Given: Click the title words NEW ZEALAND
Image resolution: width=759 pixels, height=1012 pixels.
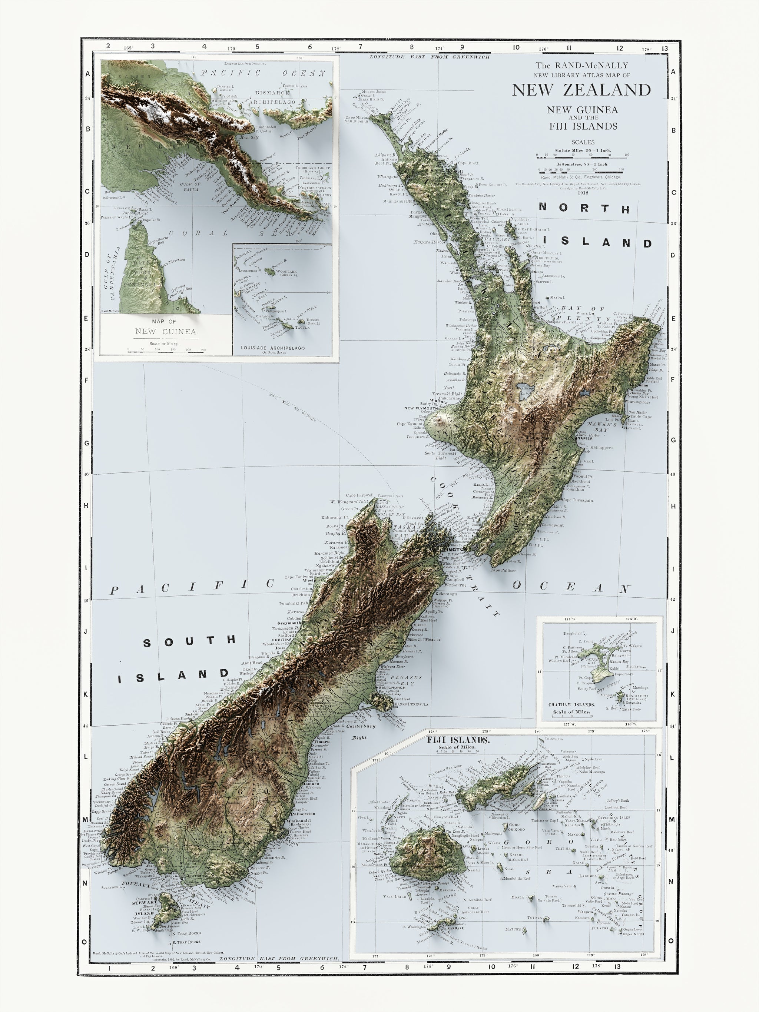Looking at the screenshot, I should (x=581, y=90).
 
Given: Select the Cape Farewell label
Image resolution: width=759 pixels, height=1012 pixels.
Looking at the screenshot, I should (x=359, y=495).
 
